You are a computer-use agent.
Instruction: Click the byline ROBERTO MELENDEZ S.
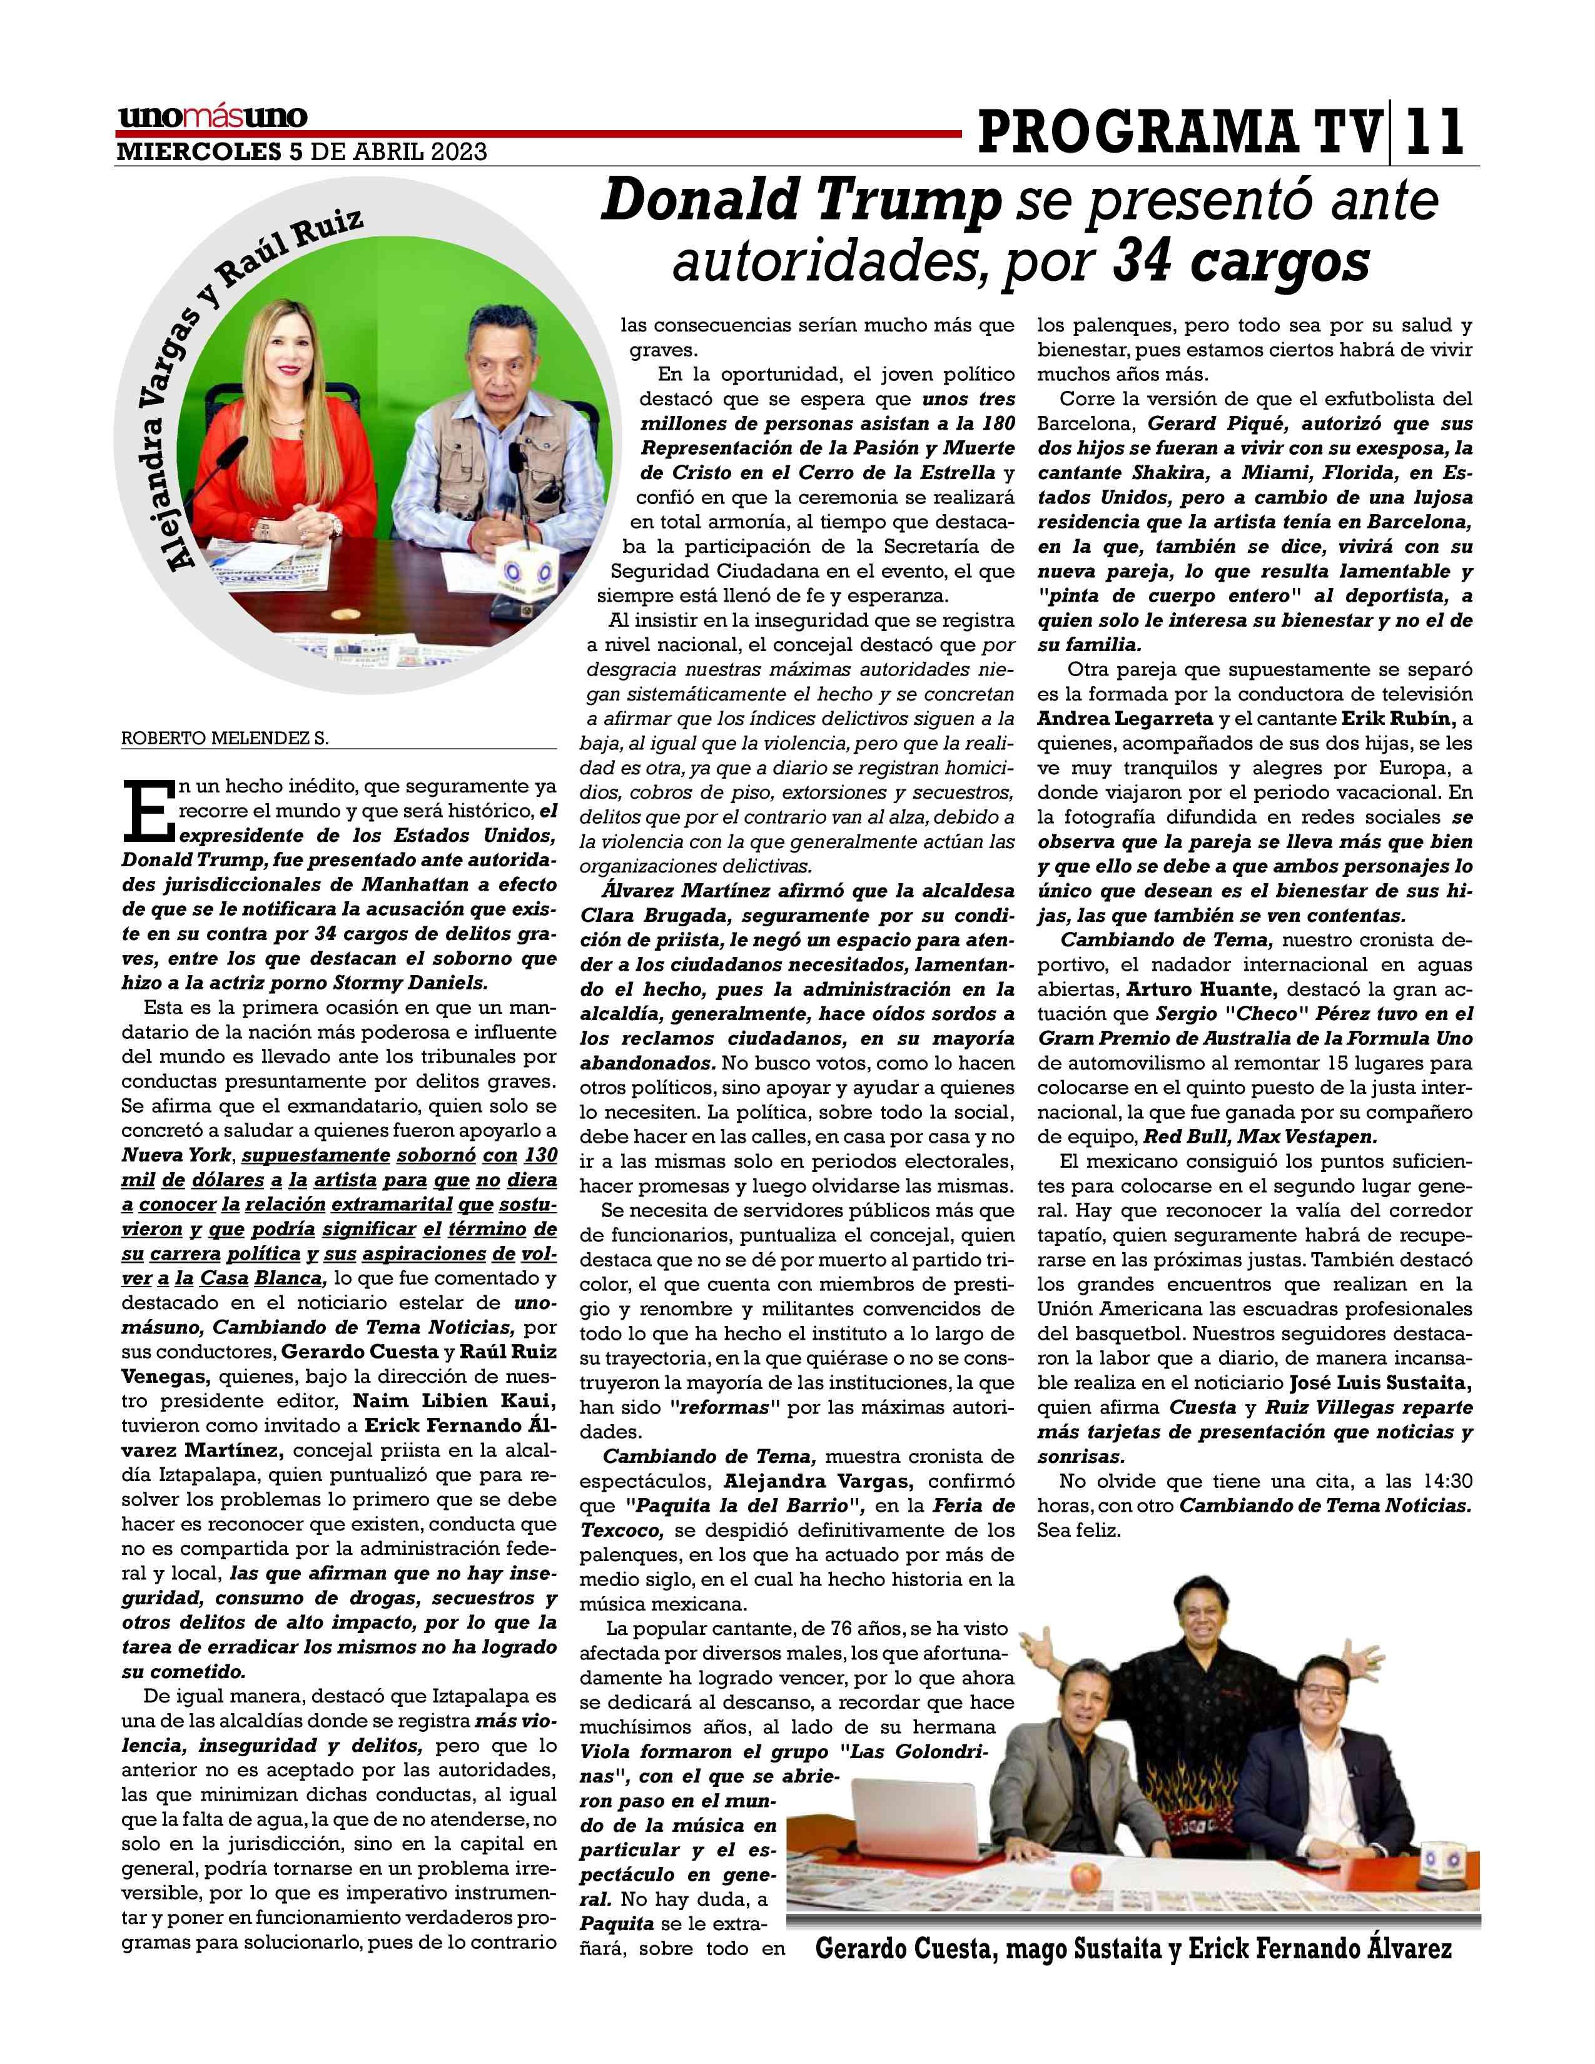225,740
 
